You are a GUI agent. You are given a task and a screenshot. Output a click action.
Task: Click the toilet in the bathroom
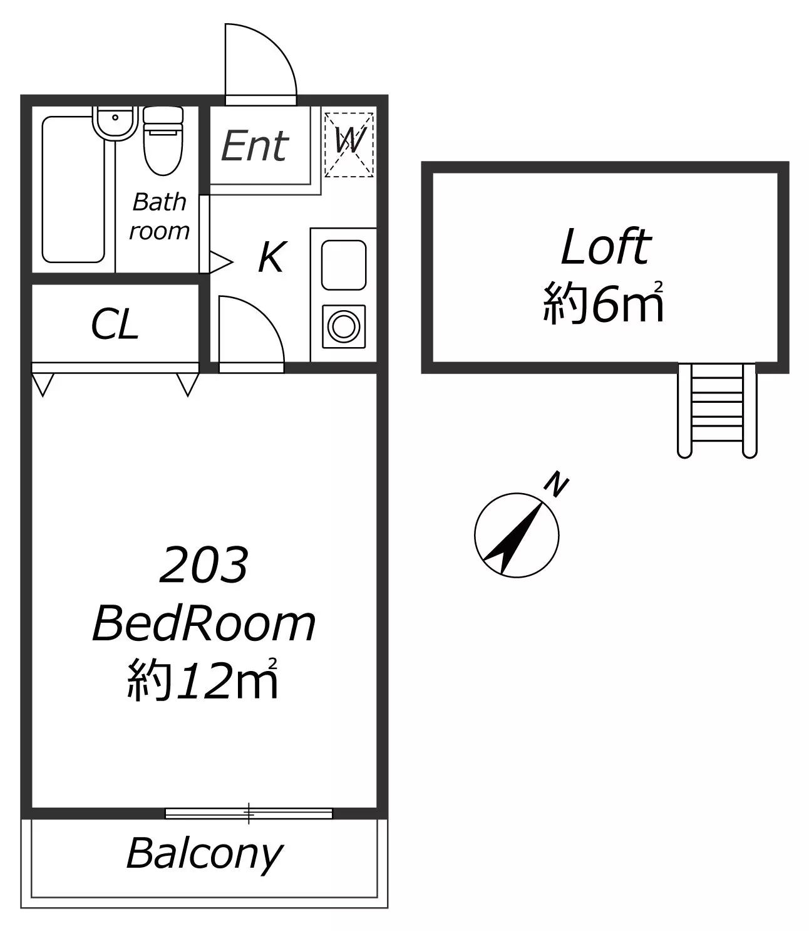pyautogui.click(x=163, y=140)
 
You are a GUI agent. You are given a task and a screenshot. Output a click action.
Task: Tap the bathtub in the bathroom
pyautogui.click(x=74, y=189)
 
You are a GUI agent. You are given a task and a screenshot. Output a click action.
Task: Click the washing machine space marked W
pyautogui.click(x=349, y=145)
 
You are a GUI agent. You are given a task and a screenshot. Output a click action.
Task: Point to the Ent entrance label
pyautogui.click(x=255, y=146)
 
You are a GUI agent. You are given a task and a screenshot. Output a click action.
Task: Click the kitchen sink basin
pyautogui.click(x=344, y=265)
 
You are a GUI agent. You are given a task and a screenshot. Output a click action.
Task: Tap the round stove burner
pyautogui.click(x=344, y=326)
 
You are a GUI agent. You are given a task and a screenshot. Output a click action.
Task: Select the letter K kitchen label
pyautogui.click(x=272, y=257)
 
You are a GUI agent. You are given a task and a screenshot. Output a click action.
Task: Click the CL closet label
pyautogui.click(x=115, y=324)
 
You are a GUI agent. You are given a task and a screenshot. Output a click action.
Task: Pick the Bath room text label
pyautogui.click(x=159, y=216)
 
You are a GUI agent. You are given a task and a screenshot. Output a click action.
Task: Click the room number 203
pyautogui.click(x=204, y=564)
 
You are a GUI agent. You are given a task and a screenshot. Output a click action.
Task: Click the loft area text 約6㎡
pyautogui.click(x=604, y=302)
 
